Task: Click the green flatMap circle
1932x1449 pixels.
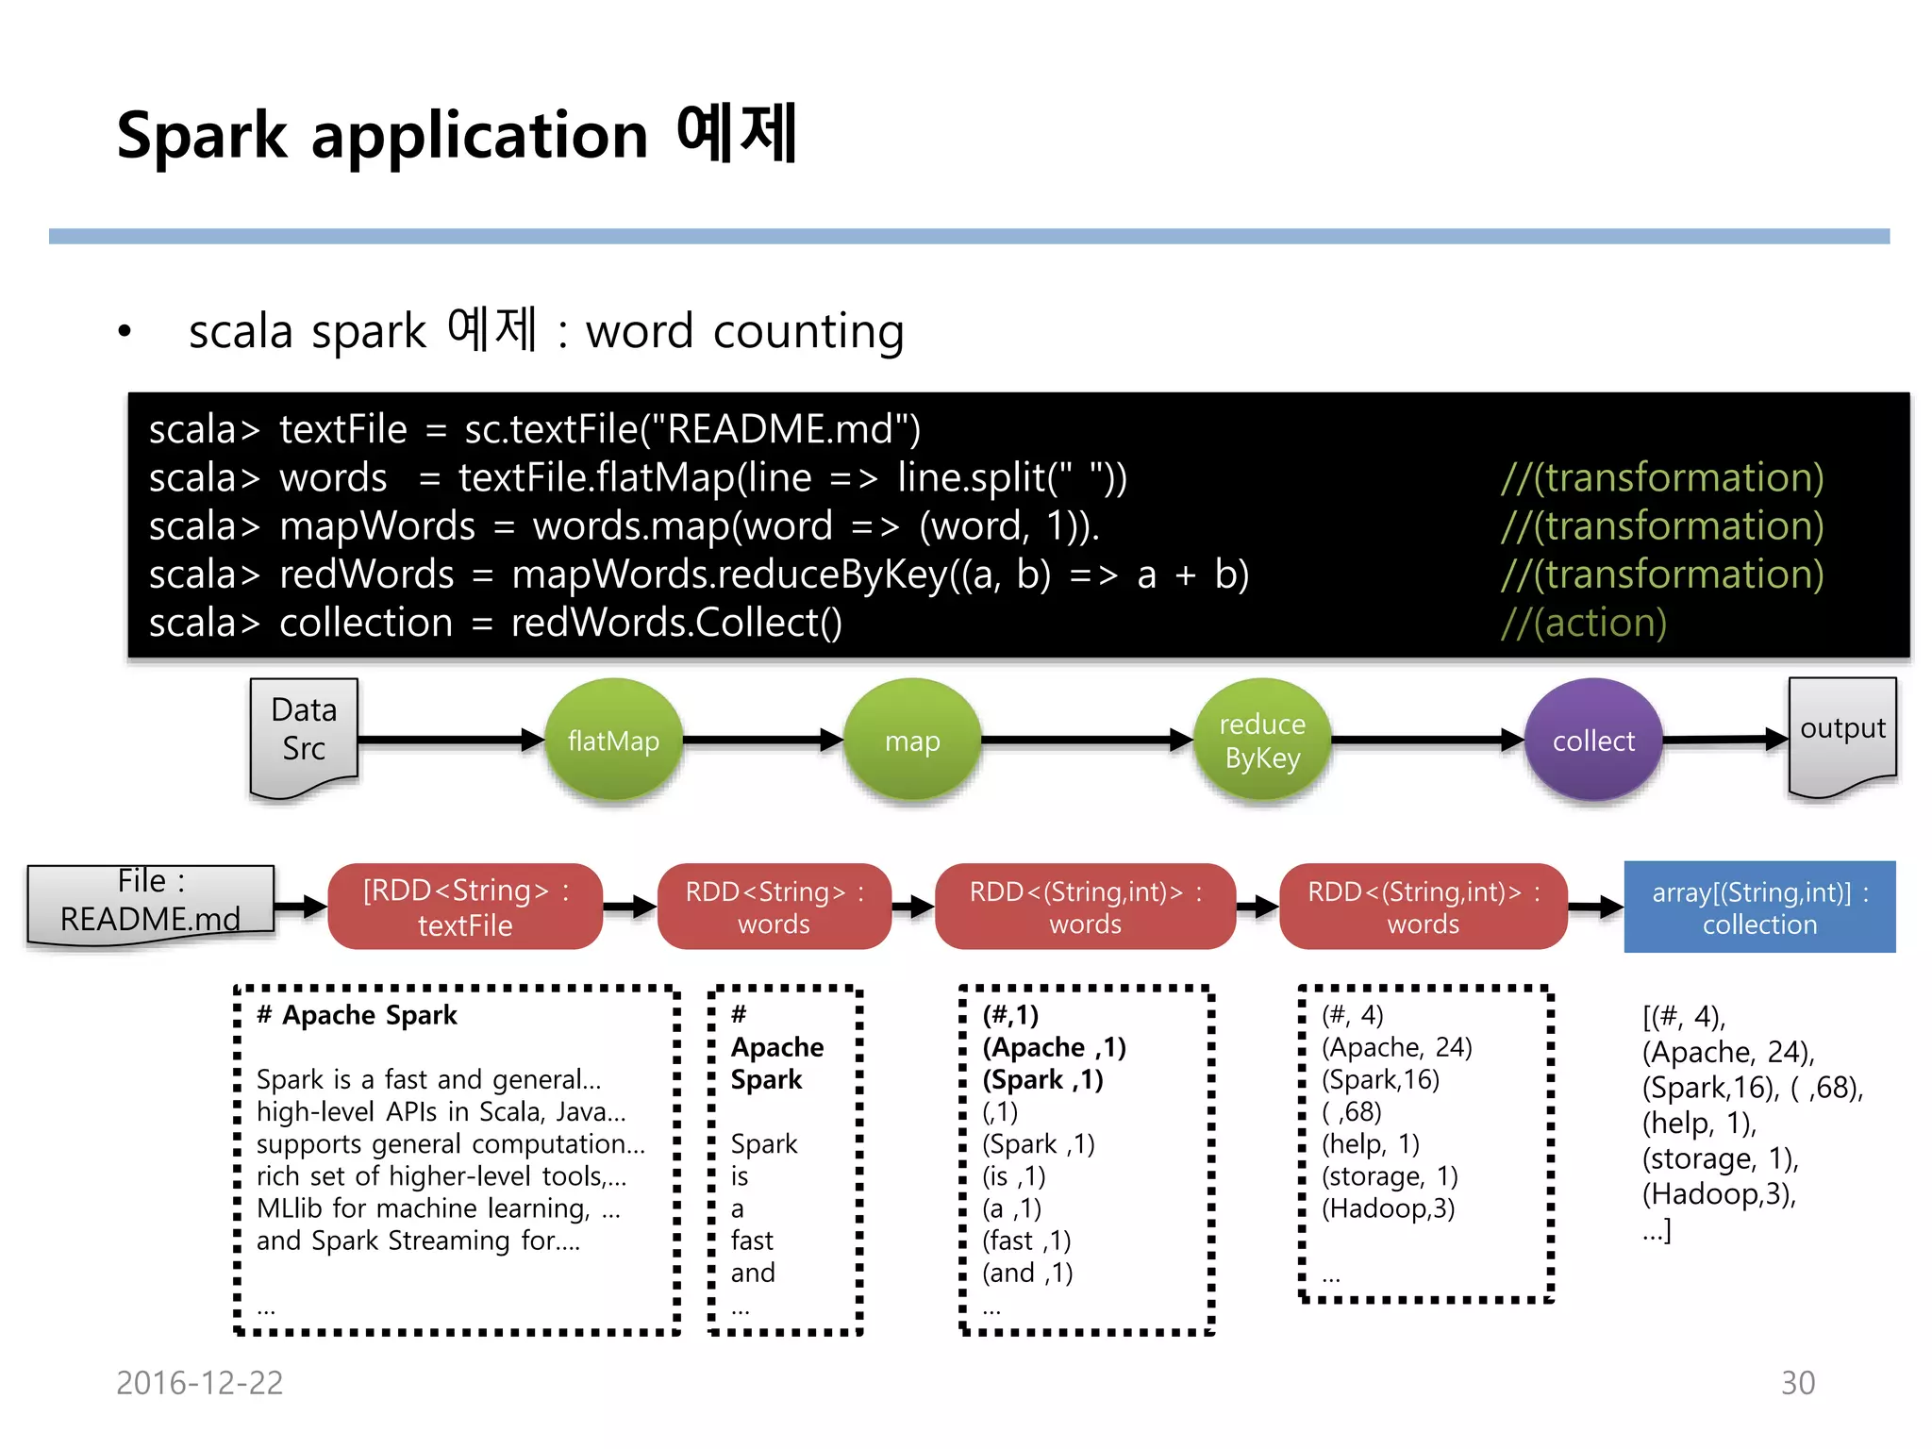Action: click(613, 741)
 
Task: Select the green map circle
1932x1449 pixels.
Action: click(912, 741)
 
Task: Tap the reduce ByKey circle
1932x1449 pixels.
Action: click(1262, 741)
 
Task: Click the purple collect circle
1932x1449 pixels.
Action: click(1593, 741)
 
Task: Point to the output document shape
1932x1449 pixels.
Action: click(1842, 731)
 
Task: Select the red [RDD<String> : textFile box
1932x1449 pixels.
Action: click(465, 907)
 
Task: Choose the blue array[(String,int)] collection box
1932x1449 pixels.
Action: click(1759, 907)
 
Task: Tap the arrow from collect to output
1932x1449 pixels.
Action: click(1724, 741)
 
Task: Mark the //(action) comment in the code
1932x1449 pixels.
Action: click(1584, 624)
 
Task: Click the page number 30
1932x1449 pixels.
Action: click(1797, 1383)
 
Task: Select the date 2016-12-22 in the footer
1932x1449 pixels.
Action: click(199, 1383)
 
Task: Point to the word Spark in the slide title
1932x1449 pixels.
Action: click(202, 135)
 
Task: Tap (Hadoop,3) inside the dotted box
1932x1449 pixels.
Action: click(1388, 1208)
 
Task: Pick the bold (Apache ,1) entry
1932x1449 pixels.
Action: click(1054, 1047)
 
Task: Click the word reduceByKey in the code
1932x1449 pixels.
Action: click(829, 575)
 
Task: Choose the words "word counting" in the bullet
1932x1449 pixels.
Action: click(744, 332)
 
